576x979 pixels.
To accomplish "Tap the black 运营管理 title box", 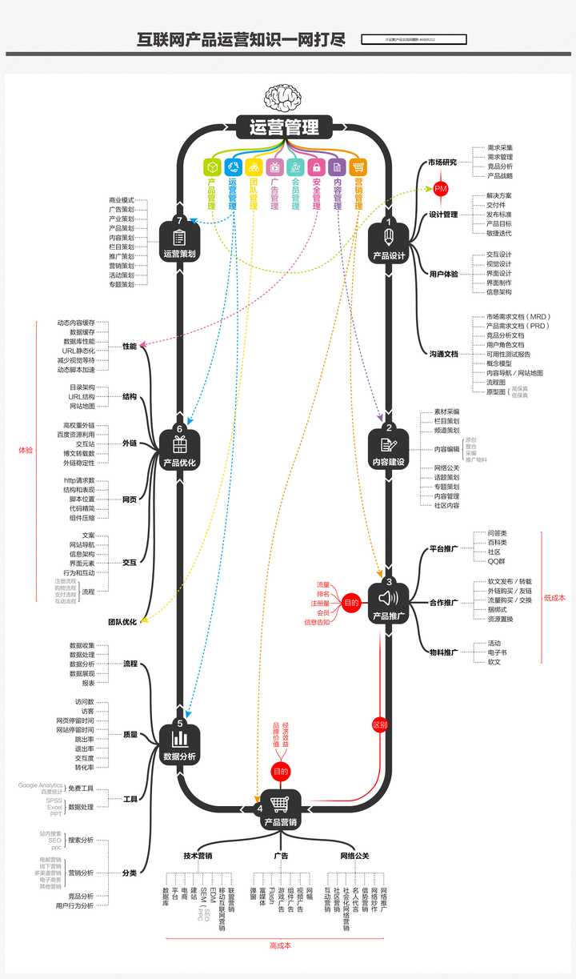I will [x=284, y=127].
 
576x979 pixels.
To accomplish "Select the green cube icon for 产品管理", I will [x=212, y=167].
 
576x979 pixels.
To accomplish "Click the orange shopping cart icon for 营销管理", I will [x=358, y=167].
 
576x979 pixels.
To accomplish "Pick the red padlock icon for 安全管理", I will [x=317, y=167].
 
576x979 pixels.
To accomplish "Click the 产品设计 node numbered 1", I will [x=389, y=240].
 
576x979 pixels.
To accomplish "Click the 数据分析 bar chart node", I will [x=180, y=740].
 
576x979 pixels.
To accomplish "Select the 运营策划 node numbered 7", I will [x=180, y=240].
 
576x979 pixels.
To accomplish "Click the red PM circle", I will [x=441, y=189].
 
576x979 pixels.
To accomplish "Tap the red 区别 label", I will [x=380, y=725].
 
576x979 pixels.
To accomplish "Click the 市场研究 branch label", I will [x=442, y=162].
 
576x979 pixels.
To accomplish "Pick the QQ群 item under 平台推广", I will [x=497, y=561].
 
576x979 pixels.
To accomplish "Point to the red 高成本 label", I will [x=281, y=945].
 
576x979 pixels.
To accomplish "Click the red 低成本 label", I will [x=554, y=596].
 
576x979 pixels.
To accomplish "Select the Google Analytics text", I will [x=40, y=785].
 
